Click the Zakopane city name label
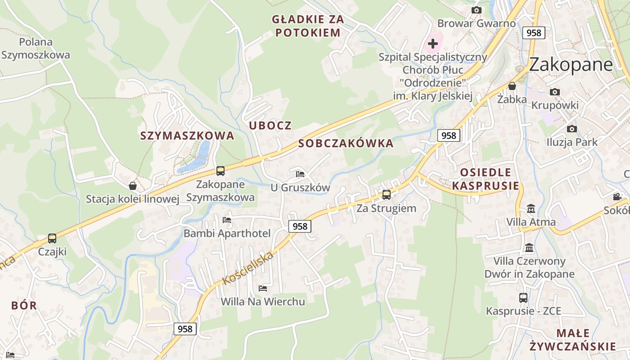pyautogui.click(x=571, y=65)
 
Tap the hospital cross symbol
pyautogui.click(x=433, y=44)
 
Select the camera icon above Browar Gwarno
pyautogui.click(x=476, y=10)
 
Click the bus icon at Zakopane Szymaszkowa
pyautogui.click(x=220, y=171)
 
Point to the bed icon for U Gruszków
pyautogui.click(x=300, y=174)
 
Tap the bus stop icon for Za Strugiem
pyautogui.click(x=386, y=195)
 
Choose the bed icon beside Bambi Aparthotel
pyautogui.click(x=227, y=220)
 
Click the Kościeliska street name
pyautogui.click(x=248, y=269)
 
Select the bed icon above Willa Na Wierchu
pyautogui.click(x=263, y=288)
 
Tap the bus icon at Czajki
pyautogui.click(x=52, y=238)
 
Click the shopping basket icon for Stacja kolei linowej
pyautogui.click(x=133, y=185)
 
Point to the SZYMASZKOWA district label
pyautogui.click(x=187, y=135)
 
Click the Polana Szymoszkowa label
pyautogui.click(x=36, y=49)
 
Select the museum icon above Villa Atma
pyautogui.click(x=531, y=209)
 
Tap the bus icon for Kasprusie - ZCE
pyautogui.click(x=523, y=297)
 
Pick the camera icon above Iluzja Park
pyautogui.click(x=571, y=129)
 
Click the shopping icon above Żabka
pyautogui.click(x=512, y=86)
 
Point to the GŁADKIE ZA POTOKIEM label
pyautogui.click(x=308, y=26)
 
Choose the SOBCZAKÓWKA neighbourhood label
pyautogui.click(x=346, y=144)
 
